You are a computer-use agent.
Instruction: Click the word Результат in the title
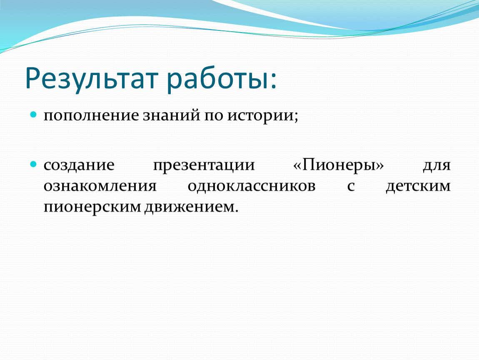tap(92, 79)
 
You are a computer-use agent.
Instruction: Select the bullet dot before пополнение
tap(33, 115)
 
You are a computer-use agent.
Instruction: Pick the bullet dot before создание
tap(33, 165)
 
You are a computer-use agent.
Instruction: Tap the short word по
tap(214, 116)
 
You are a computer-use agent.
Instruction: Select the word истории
tap(260, 116)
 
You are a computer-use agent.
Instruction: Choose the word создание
tap(79, 165)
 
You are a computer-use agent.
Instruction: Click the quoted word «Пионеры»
tap(339, 165)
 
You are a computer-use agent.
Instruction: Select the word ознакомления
tap(100, 186)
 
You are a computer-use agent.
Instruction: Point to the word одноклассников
tap(252, 186)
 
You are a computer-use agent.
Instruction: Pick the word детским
tap(418, 186)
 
